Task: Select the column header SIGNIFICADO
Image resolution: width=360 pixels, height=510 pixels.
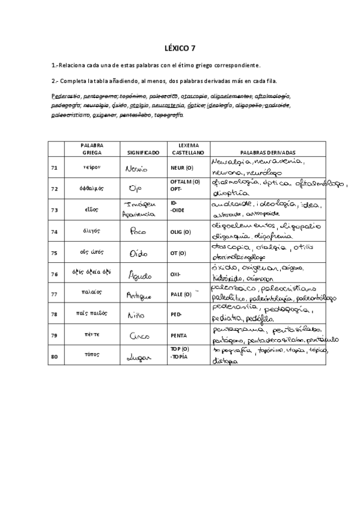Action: click(x=142, y=153)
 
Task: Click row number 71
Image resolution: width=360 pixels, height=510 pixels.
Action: click(x=55, y=168)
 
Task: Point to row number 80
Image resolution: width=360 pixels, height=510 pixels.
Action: click(x=55, y=357)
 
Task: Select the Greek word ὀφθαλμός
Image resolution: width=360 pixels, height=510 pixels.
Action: click(x=92, y=189)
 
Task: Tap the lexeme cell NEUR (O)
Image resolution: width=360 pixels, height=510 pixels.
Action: click(x=182, y=168)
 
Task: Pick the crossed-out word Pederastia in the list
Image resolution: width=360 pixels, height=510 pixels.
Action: click(x=66, y=96)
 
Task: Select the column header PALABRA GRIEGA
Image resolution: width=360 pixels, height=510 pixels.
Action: click(x=92, y=149)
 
